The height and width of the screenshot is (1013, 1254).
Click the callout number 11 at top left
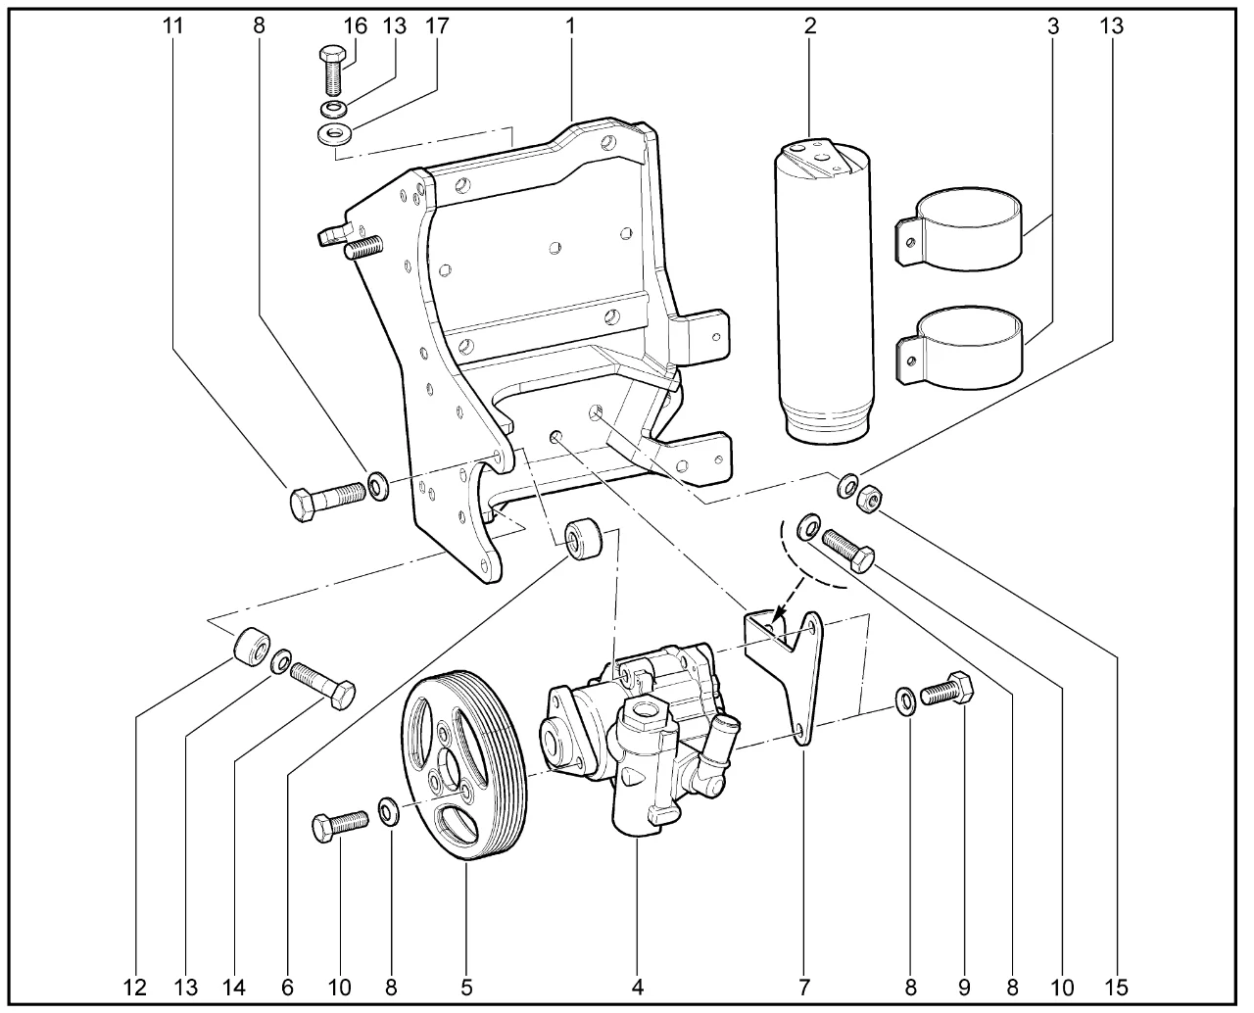[x=172, y=26]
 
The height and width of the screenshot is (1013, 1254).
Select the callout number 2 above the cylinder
[x=810, y=26]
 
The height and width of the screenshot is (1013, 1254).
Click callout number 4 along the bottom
[x=637, y=986]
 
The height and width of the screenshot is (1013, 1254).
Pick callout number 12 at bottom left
[x=135, y=986]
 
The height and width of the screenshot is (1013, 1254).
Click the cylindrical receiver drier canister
[x=824, y=294]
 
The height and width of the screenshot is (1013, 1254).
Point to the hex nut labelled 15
[x=868, y=500]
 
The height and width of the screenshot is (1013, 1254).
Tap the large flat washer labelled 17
[x=336, y=133]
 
